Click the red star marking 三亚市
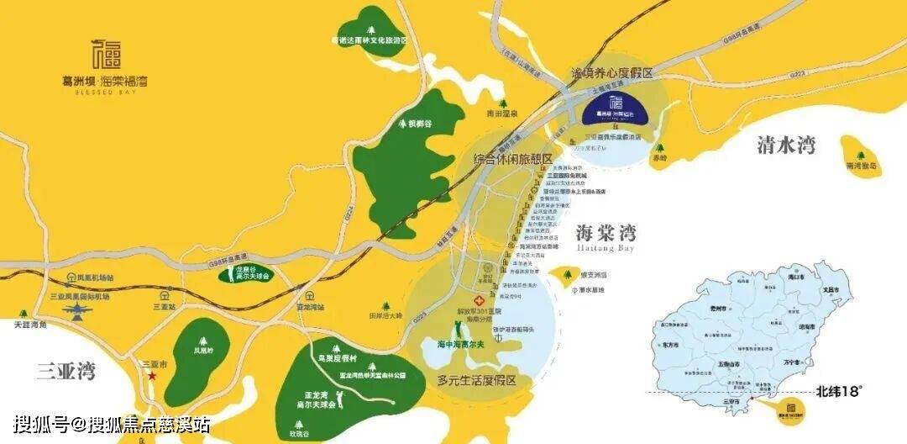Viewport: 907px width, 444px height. pos(153,375)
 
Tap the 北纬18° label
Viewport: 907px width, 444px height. pos(840,390)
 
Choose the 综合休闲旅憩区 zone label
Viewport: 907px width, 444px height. pos(512,159)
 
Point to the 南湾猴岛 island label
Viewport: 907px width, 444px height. pos(862,166)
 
